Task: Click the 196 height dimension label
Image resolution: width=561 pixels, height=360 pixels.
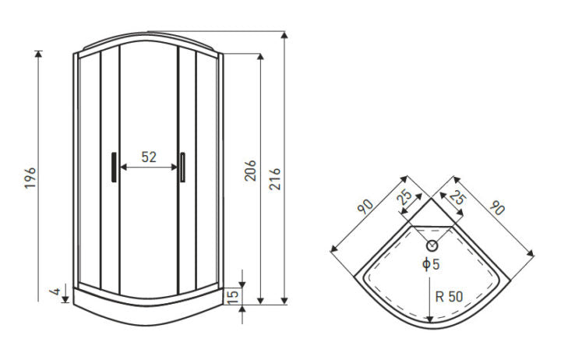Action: click(30, 178)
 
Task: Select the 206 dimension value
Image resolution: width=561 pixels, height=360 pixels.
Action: click(250, 171)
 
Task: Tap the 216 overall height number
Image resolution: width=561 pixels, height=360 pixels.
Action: click(275, 179)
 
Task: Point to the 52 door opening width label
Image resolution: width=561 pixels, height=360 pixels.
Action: click(149, 157)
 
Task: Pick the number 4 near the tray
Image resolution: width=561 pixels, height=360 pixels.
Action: click(55, 291)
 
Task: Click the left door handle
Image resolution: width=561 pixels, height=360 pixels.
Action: click(114, 167)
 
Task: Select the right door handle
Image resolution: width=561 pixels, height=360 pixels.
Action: click(182, 167)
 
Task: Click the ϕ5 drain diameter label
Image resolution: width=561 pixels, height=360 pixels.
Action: click(431, 264)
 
